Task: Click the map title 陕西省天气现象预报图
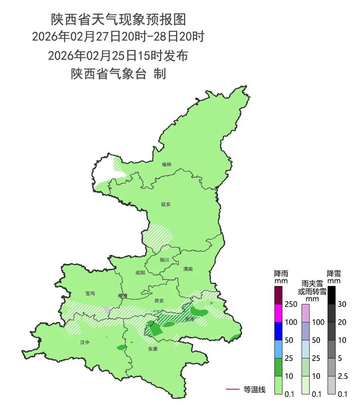click(118, 19)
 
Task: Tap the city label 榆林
click(167, 164)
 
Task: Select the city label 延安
click(166, 204)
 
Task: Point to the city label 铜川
click(164, 260)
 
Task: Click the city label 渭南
click(188, 269)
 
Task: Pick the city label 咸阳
click(140, 273)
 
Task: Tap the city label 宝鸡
click(90, 294)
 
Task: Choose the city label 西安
click(159, 300)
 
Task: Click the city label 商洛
click(190, 320)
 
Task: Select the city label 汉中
click(85, 342)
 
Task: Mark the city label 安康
click(152, 349)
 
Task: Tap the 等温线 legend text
click(254, 389)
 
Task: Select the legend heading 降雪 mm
click(334, 277)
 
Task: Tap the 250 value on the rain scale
click(291, 304)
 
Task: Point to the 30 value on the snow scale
click(342, 304)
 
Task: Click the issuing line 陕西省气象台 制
click(118, 74)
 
